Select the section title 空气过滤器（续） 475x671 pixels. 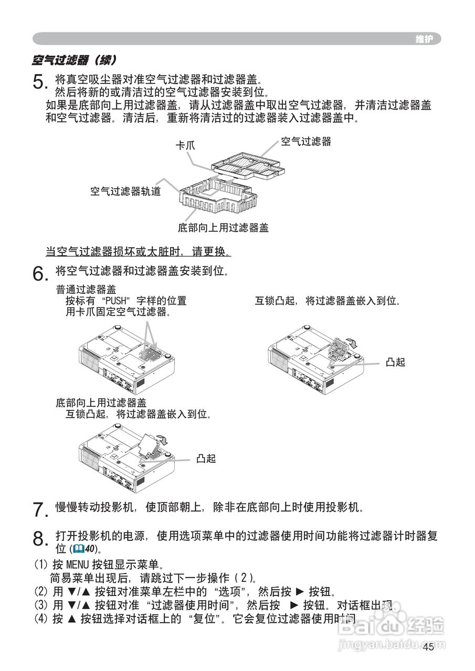(73, 60)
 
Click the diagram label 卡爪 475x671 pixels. (185, 145)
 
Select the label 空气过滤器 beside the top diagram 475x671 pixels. (306, 142)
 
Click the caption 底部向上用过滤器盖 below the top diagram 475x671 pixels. (223, 228)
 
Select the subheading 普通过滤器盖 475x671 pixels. (86, 289)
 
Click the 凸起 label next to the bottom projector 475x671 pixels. (206, 459)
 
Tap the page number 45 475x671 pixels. (428, 647)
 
